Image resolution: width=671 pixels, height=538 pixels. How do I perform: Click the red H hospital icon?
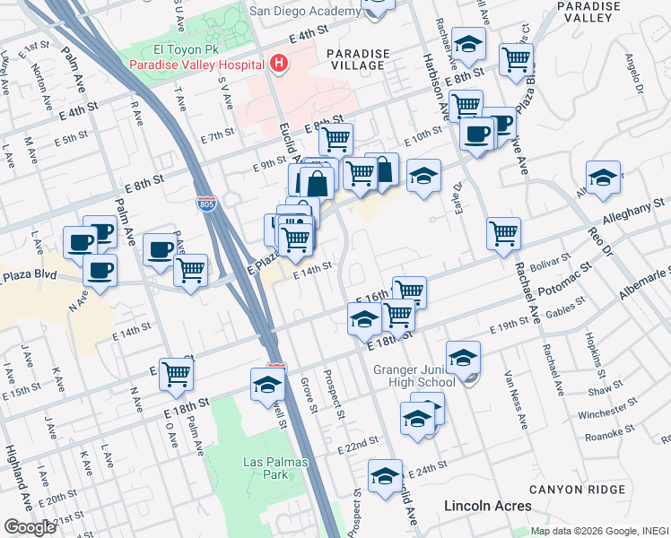[279, 64]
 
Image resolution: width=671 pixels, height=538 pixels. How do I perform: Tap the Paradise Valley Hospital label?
[196, 65]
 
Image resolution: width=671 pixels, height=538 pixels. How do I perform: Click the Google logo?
[30, 526]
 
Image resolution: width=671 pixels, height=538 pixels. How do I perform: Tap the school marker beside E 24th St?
[385, 476]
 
